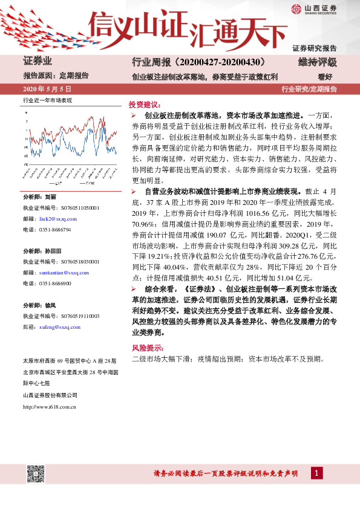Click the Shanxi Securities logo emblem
tap(296, 8)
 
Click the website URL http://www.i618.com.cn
tap(49, 407)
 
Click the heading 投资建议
tap(144, 104)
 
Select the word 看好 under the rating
tap(326, 77)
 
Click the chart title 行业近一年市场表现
tap(47, 100)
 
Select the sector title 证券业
tap(38, 62)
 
